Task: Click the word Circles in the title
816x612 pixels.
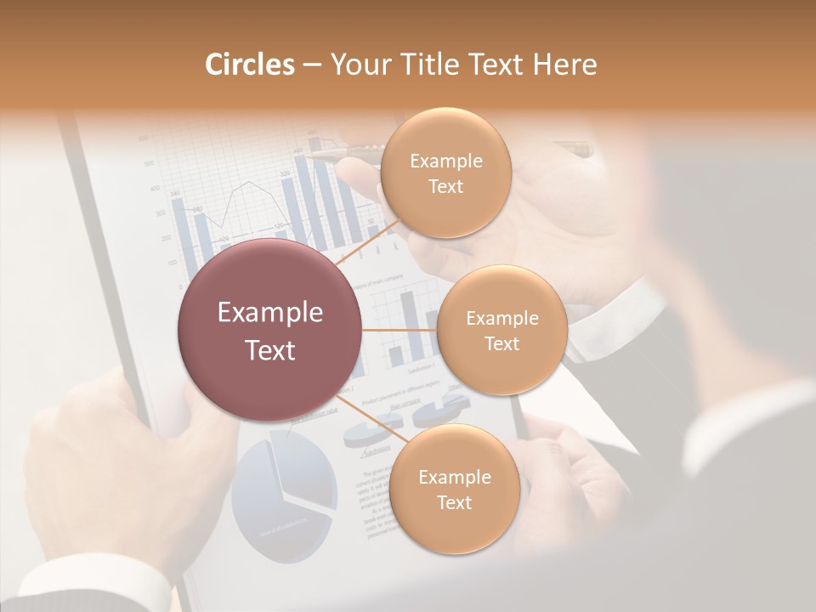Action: [x=249, y=65]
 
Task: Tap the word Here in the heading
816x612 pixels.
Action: [x=564, y=65]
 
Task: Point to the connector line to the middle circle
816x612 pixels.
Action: [x=399, y=330]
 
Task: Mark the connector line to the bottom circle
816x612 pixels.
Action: [x=372, y=418]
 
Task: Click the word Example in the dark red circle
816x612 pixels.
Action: [x=270, y=313]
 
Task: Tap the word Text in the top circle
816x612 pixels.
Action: [x=445, y=187]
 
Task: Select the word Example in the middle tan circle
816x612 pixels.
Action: [x=501, y=319]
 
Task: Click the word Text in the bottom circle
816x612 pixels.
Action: [x=454, y=503]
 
